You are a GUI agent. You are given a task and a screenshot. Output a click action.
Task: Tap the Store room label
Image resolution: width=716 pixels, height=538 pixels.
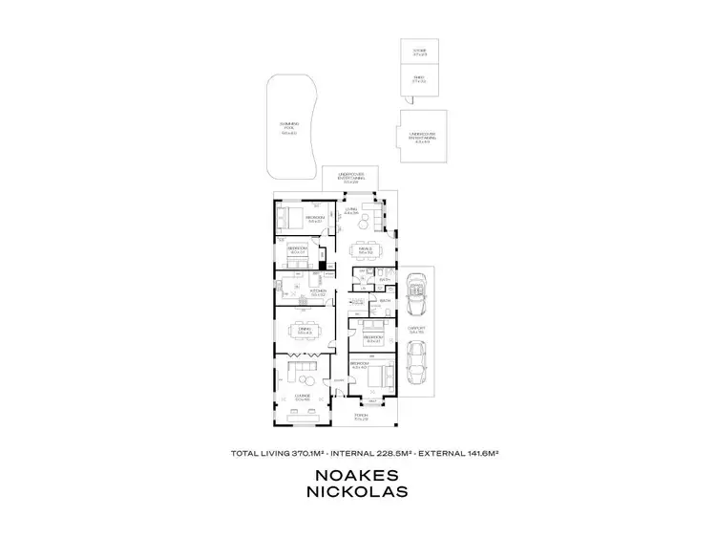(x=419, y=52)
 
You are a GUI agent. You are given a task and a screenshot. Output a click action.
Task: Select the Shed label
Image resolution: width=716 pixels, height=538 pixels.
(x=419, y=79)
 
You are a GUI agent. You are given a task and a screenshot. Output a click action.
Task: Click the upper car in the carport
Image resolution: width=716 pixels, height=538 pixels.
(x=415, y=293)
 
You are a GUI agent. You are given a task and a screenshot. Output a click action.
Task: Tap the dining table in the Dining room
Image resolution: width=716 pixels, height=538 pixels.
(x=304, y=334)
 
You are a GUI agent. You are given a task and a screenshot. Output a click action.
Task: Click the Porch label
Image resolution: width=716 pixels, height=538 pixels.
(x=361, y=417)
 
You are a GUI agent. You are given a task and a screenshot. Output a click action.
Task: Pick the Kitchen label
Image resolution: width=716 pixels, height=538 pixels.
(x=318, y=291)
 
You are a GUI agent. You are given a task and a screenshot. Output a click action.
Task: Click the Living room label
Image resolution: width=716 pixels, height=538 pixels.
(x=350, y=211)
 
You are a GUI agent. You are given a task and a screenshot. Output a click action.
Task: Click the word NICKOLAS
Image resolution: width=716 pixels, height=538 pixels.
(x=357, y=493)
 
